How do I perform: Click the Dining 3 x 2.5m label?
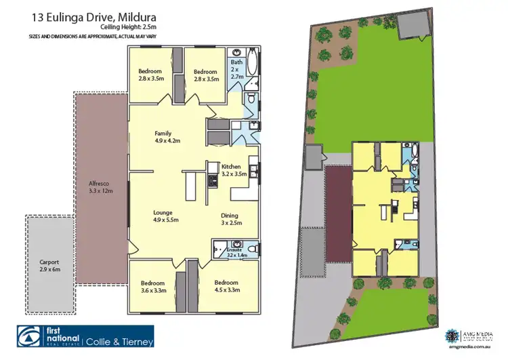229,219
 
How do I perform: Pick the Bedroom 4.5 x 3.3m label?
226,286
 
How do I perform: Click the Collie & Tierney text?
119,341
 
